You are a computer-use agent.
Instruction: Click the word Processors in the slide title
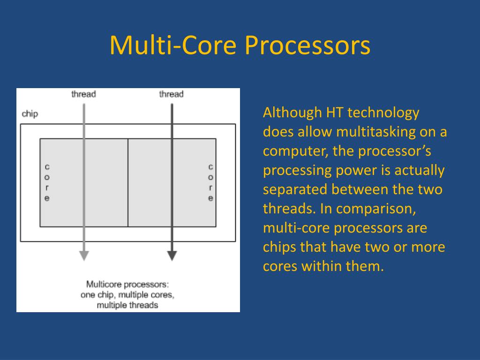(307, 46)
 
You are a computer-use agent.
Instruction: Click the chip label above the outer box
(30, 114)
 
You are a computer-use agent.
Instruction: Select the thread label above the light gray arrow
(83, 94)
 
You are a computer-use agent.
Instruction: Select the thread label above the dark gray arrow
(172, 94)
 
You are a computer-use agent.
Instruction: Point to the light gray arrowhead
(84, 255)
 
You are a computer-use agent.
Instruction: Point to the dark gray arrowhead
(172, 255)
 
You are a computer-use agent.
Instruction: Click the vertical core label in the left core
(47, 182)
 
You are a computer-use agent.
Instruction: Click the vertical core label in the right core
(210, 182)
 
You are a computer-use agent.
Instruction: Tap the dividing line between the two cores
(128, 183)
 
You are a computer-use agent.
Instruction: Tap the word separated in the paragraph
(295, 190)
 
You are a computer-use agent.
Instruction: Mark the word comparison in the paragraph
(376, 209)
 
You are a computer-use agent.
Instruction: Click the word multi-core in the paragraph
(296, 228)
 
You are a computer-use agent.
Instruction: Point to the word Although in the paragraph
(292, 112)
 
